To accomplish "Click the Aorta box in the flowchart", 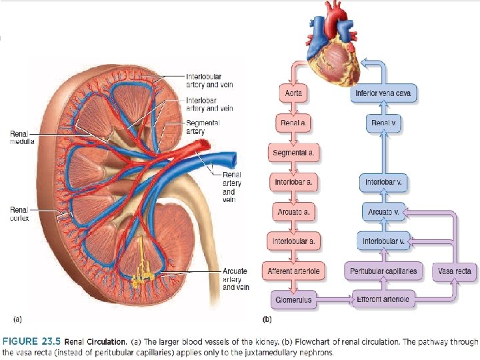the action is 294,94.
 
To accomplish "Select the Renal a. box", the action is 294,123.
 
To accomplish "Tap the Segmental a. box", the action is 294,153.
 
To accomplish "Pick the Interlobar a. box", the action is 294,181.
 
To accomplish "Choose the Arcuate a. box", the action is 294,211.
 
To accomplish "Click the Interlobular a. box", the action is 294,240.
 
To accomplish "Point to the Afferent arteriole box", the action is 294,271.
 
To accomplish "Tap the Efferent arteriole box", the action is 383,300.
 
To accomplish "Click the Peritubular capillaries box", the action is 383,271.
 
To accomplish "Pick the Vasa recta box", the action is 455,271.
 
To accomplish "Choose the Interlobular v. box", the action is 383,240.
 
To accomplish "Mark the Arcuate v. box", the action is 383,211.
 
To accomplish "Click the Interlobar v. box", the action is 383,181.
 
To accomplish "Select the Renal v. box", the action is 383,123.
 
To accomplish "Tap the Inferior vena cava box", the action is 383,94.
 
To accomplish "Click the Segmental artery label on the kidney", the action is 203,127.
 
